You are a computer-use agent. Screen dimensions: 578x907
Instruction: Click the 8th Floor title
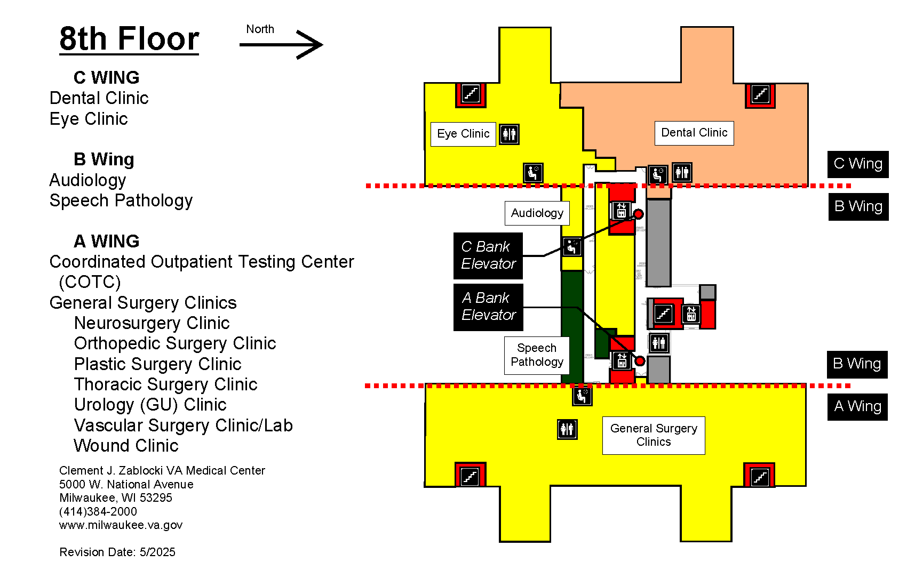tap(129, 39)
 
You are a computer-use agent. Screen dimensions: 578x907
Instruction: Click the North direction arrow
tap(281, 44)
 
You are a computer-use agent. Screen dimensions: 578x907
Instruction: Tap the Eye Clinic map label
tap(463, 134)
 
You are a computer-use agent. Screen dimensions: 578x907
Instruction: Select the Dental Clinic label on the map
tap(694, 133)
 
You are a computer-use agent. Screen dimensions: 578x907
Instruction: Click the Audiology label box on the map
tap(537, 213)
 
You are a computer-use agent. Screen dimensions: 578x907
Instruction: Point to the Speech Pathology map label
tap(537, 355)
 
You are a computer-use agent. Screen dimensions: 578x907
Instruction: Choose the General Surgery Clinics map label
tap(653, 435)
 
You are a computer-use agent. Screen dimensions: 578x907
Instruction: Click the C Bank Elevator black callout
tap(488, 255)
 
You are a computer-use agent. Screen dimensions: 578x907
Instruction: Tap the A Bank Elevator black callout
tap(488, 307)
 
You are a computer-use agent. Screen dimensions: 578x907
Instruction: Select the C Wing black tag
tap(857, 164)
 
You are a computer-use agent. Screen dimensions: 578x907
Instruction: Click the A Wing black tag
tap(857, 407)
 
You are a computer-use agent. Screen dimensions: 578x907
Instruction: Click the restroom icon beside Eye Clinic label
tap(509, 134)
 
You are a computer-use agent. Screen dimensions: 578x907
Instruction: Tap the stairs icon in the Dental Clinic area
tap(760, 95)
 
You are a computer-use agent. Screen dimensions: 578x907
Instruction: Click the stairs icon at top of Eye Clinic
tap(471, 94)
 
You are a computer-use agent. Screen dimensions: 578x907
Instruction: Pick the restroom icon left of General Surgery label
tap(567, 429)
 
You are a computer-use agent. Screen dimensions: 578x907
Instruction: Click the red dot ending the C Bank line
tap(638, 214)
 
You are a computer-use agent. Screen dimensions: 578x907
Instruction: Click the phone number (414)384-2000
tap(98, 511)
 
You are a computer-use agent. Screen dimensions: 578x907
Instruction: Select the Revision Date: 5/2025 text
tap(117, 552)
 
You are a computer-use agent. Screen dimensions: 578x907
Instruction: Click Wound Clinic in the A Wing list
tap(126, 446)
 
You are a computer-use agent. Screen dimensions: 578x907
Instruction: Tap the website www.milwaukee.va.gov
tap(121, 525)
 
